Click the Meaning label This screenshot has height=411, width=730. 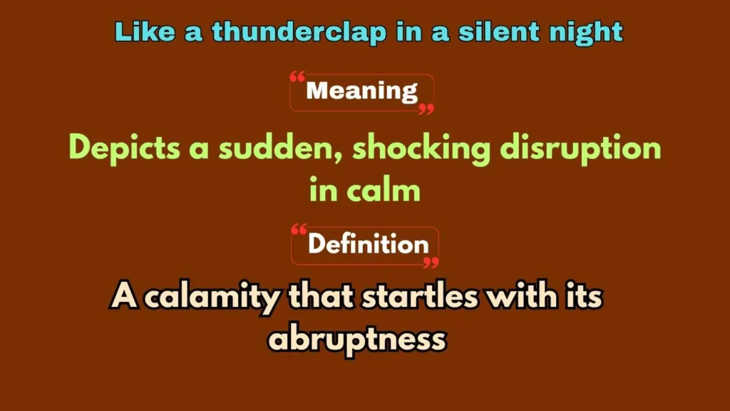tap(361, 91)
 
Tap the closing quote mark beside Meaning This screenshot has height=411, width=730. tap(426, 108)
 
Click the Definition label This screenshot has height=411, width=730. tap(368, 245)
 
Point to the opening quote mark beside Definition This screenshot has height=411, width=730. tap(299, 231)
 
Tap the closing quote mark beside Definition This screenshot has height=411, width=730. tap(431, 262)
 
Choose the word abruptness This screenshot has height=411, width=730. tap(356, 339)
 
